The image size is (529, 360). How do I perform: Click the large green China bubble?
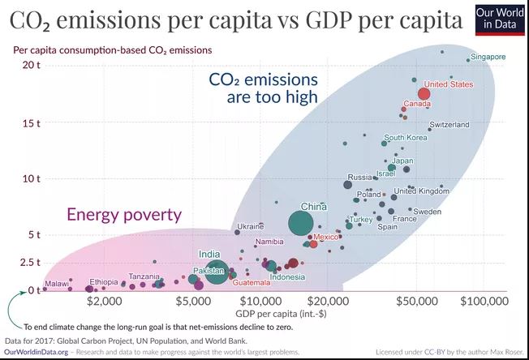[x=301, y=222]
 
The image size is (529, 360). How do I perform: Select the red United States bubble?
[x=424, y=94]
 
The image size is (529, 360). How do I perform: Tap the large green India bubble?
[x=216, y=272]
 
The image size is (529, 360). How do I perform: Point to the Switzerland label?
[x=449, y=125]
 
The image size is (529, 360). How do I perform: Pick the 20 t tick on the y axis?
[x=30, y=65]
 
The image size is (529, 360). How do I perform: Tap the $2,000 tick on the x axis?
[x=103, y=302]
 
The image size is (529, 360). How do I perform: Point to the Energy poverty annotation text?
[x=124, y=215]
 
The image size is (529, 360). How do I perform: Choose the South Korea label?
[x=405, y=138]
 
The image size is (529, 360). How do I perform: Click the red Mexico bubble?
[x=314, y=243]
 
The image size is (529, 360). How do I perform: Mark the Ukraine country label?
[x=250, y=226]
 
